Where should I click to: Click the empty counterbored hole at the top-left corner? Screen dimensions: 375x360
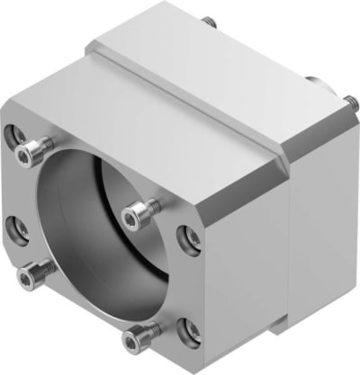tap(19, 136)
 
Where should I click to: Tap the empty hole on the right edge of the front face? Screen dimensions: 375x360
tap(190, 237)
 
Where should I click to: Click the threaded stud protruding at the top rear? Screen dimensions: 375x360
tap(210, 20)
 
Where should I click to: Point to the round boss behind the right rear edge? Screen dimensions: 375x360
tap(317, 81)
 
